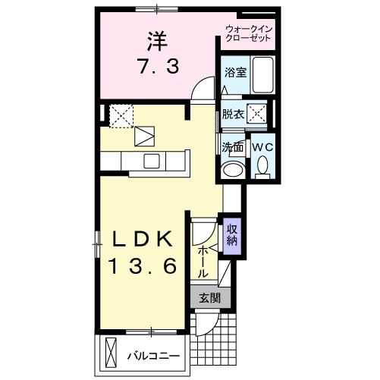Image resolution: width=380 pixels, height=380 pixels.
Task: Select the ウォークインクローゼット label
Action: tap(248, 34)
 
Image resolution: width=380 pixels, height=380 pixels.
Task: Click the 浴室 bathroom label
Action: tap(234, 73)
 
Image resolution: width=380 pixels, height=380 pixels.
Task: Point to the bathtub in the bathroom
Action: tap(262, 75)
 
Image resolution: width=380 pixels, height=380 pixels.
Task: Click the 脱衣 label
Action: tap(232, 115)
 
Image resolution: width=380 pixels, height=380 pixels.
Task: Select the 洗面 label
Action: tap(232, 146)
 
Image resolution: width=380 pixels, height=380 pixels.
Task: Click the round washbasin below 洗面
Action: tap(233, 168)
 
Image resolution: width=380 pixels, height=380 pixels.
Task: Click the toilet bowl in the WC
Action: tap(262, 165)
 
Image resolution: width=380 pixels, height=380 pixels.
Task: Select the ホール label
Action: tap(203, 260)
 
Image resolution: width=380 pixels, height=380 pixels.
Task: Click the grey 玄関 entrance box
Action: tap(209, 298)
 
